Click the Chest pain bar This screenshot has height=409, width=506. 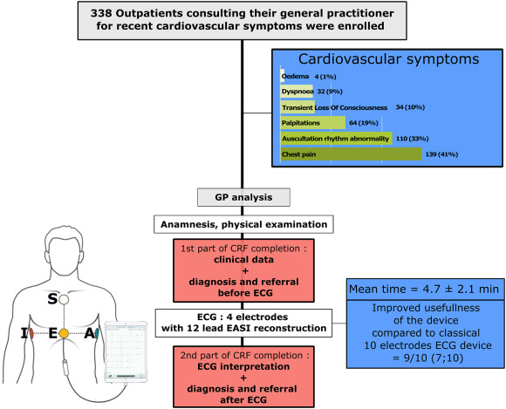[351, 154]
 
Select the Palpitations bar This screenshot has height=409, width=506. [313, 123]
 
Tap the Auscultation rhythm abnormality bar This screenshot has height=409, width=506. [336, 139]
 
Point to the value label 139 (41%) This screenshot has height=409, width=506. [441, 154]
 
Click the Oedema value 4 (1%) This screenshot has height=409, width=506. [325, 77]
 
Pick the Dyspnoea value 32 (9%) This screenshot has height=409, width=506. [330, 92]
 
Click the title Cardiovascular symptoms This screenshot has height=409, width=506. [388, 59]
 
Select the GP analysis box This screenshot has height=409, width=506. [243, 197]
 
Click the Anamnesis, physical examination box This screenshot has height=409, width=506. [243, 224]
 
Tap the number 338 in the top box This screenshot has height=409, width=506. [101, 14]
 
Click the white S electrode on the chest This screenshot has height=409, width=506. [64, 300]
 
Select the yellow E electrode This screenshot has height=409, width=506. [64, 333]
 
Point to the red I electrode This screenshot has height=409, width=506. [31, 333]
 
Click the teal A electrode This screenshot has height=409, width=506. [97, 333]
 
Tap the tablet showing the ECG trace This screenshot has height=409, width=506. [126, 351]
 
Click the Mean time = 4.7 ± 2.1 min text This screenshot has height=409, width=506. [424, 289]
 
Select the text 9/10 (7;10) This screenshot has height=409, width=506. [427, 358]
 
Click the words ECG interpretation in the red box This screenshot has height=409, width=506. [243, 367]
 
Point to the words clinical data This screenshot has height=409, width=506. [243, 260]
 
